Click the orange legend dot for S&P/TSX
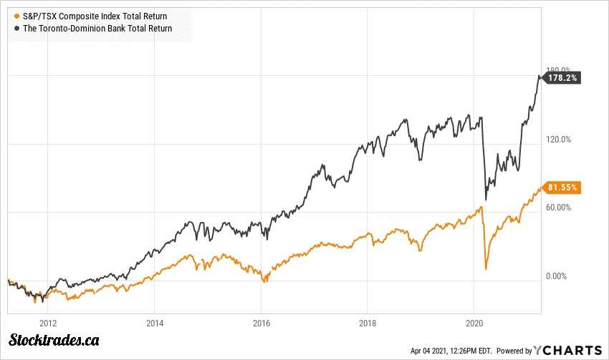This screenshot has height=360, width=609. [x=17, y=16]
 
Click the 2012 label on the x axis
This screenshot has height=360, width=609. [x=49, y=323]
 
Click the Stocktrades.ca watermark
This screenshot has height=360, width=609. [x=54, y=341]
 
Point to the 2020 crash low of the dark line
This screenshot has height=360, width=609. [x=486, y=200]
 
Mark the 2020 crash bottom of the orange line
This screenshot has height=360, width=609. [x=486, y=269]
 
